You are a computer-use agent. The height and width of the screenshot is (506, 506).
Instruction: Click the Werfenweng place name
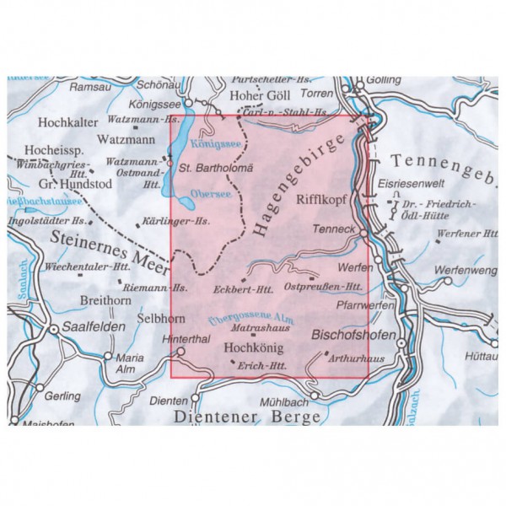(x=463, y=270)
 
